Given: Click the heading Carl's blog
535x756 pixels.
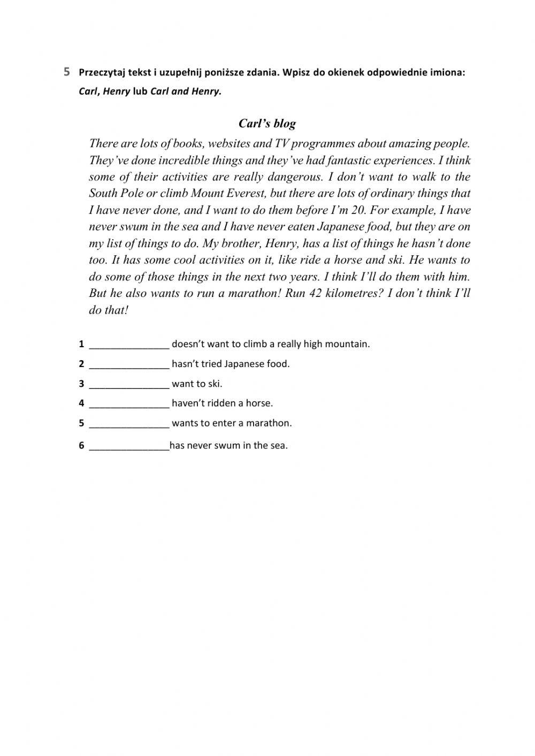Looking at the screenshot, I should click(x=267, y=124).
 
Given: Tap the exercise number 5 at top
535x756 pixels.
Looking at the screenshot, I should click(x=66, y=72).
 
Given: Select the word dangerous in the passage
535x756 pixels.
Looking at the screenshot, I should click(x=295, y=177).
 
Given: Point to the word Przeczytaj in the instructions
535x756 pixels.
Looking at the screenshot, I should click(x=102, y=72).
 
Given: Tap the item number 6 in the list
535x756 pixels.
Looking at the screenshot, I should click(x=81, y=446).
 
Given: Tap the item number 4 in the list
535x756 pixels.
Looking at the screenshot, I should click(x=81, y=403).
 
